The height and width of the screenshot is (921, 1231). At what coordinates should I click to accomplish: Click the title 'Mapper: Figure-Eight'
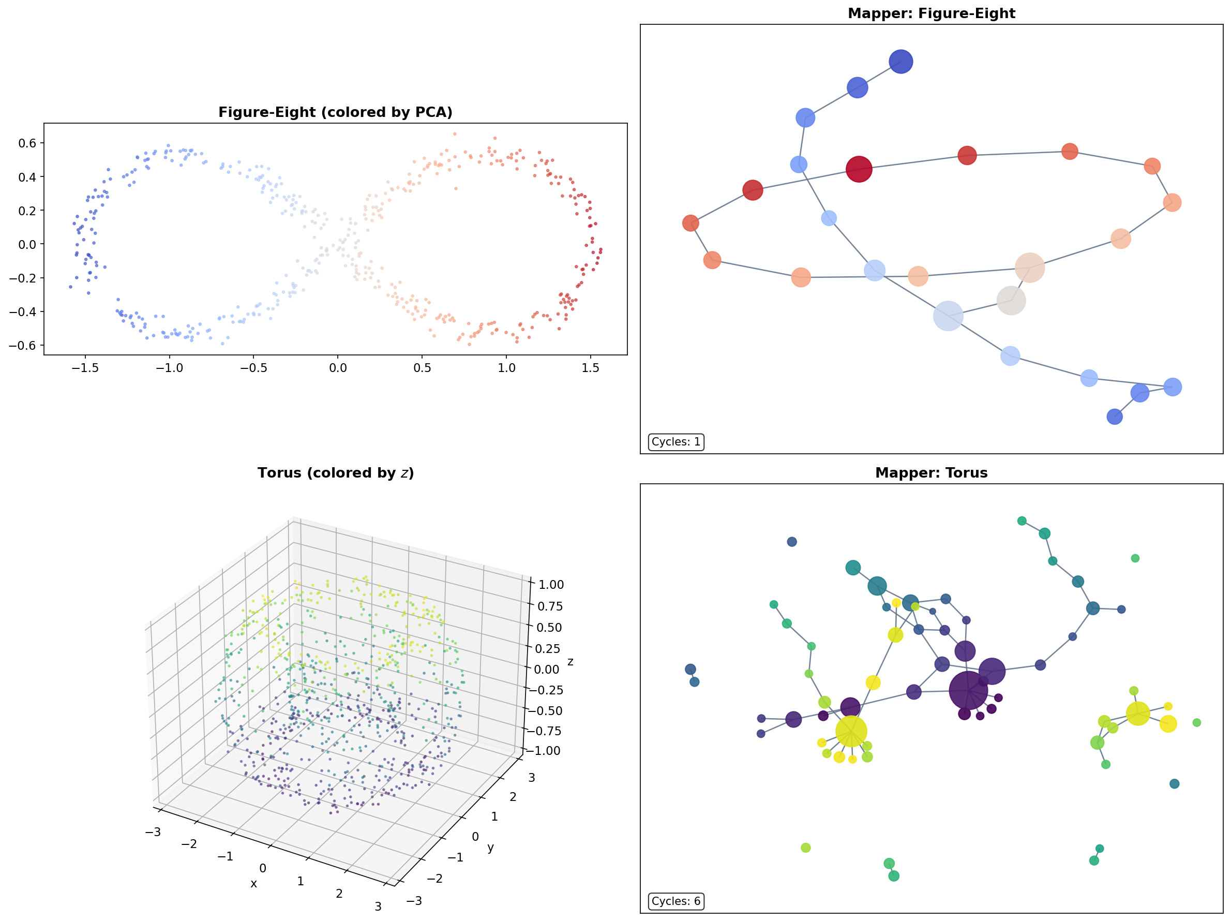(x=931, y=13)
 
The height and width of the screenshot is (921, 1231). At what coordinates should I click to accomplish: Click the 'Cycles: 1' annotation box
(x=675, y=441)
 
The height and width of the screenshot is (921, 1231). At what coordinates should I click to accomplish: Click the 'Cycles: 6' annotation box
(x=675, y=901)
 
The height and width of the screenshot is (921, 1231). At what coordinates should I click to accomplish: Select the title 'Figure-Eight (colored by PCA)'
(x=335, y=112)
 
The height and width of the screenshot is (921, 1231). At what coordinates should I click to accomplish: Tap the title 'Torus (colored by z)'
(x=335, y=473)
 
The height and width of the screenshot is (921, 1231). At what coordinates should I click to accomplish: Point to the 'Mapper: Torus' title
(x=931, y=473)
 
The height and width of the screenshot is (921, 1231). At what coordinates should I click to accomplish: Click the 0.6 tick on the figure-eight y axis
(x=27, y=143)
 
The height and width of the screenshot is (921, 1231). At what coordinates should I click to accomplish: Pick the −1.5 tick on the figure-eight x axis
(x=85, y=368)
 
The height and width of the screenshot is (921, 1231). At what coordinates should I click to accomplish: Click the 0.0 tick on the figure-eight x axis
(x=337, y=368)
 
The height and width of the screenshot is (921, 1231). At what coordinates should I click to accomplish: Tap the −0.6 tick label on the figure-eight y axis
(x=22, y=345)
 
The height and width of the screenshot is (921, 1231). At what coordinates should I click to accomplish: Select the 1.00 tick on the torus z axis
(x=550, y=585)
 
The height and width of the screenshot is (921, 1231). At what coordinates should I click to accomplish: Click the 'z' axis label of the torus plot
(x=570, y=662)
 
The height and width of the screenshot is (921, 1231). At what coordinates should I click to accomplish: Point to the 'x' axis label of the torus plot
(x=254, y=884)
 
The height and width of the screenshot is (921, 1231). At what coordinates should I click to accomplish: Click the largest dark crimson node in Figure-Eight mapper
(x=859, y=169)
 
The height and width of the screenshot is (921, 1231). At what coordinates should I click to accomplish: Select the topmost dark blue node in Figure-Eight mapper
(x=900, y=62)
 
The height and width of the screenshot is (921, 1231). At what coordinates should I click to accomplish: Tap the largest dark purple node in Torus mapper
(x=968, y=690)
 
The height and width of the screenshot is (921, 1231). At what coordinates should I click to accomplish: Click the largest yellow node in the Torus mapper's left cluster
(x=851, y=731)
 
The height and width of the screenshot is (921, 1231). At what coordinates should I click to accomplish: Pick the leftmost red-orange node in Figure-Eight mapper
(x=690, y=224)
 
